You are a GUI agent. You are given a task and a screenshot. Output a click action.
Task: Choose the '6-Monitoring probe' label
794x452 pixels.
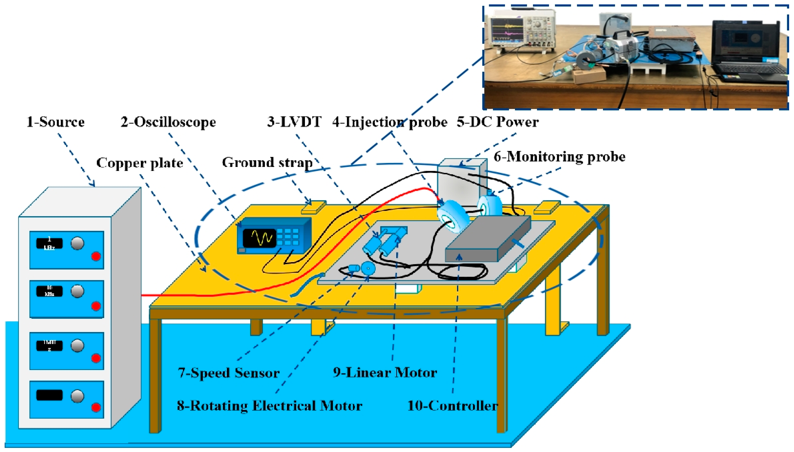pos(559,156)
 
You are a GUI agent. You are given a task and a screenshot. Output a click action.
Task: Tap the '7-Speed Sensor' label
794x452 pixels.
pos(229,373)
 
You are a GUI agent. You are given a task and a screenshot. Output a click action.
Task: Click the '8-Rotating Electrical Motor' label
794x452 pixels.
pos(270,406)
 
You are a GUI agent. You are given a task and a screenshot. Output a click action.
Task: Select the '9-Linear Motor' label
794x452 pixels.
pos(385,373)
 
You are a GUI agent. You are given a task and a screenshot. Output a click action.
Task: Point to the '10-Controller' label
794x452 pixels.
pos(452,406)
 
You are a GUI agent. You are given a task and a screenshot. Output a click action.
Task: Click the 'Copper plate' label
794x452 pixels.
pos(140,163)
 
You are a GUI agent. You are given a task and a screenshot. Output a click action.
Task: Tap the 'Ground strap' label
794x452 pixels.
pos(267,162)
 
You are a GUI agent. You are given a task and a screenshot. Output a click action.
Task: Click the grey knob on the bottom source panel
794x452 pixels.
pos(77,396)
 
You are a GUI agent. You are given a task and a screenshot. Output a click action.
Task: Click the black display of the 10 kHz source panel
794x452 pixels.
pos(50,291)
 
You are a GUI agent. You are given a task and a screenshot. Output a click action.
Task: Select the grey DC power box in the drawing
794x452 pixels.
pos(462,183)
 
